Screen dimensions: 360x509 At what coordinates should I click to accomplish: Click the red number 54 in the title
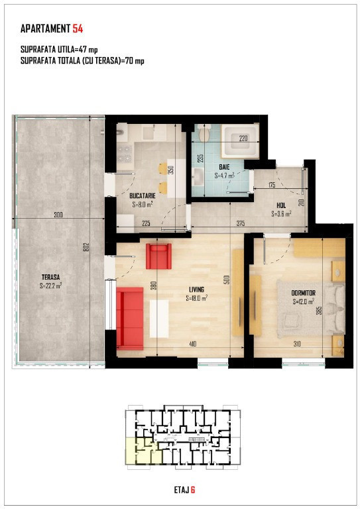point(78,29)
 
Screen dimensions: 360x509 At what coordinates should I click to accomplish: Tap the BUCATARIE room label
point(142,196)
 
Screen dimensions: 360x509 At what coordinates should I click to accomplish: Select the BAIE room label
point(224,167)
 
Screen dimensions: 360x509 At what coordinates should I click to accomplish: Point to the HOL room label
point(281,205)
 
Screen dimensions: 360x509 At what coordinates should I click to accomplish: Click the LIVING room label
point(197,290)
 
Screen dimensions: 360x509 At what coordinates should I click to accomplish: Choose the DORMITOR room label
point(303,293)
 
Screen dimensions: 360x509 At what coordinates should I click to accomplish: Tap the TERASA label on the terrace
point(50,277)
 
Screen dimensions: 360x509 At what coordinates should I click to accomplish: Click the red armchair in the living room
point(158,256)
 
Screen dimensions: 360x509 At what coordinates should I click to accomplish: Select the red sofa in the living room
point(130,318)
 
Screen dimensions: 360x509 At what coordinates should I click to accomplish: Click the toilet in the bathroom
point(204,133)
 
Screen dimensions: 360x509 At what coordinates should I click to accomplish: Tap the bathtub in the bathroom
point(240,141)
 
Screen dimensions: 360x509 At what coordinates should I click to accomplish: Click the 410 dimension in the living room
point(192,344)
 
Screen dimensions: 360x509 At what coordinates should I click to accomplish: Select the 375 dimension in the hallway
point(241,223)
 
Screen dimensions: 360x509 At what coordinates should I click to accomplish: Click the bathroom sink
point(198,177)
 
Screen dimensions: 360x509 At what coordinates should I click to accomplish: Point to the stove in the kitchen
point(125,154)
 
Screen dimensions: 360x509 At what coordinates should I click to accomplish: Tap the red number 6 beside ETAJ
point(193,490)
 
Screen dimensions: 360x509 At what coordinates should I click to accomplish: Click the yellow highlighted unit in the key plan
point(144,451)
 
